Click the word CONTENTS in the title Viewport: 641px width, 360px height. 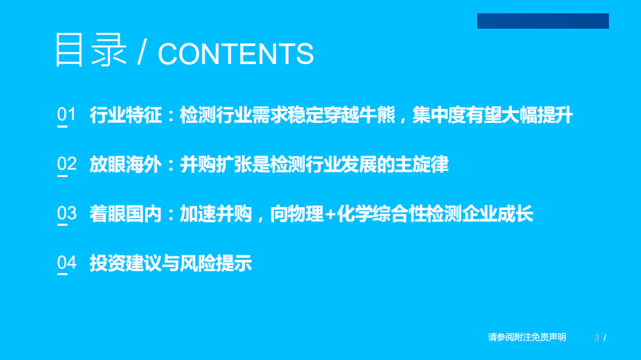pos(235,54)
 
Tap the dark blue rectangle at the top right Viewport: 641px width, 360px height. pos(543,21)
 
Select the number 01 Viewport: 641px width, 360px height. pos(67,115)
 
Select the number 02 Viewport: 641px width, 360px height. pos(67,164)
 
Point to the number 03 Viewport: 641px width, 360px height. pos(67,214)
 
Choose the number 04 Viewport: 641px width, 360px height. pos(67,263)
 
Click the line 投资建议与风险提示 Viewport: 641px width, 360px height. pos(170,264)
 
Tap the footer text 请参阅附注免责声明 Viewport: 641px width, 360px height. pos(527,338)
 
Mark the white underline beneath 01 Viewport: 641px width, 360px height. pos(62,126)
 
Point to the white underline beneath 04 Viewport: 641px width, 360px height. pos(62,275)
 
